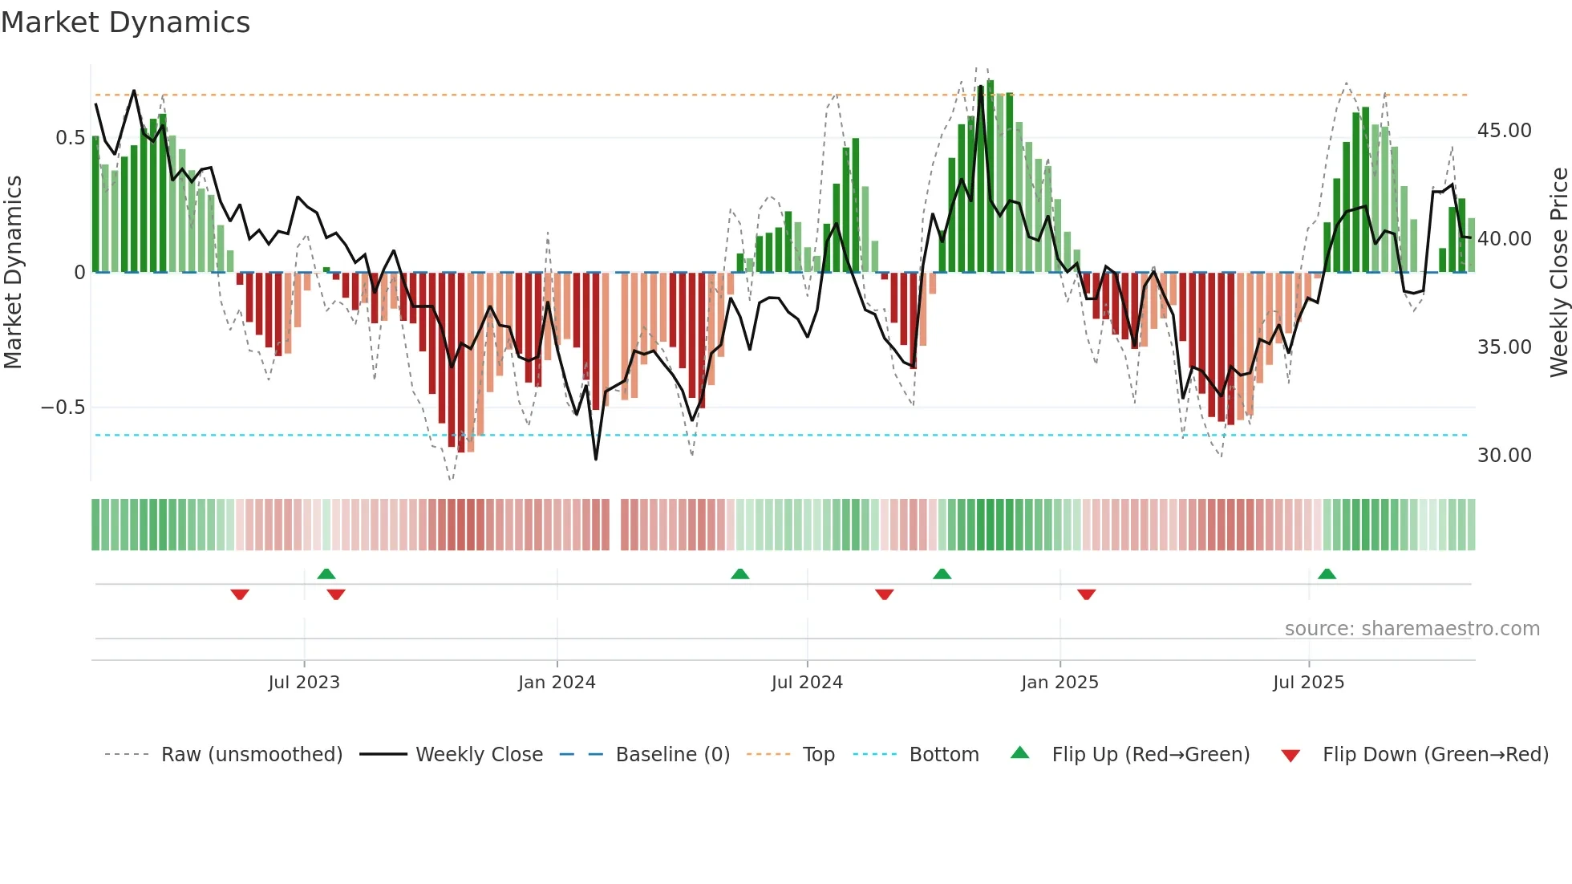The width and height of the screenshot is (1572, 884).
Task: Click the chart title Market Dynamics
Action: [125, 22]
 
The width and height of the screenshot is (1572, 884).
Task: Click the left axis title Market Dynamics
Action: [13, 272]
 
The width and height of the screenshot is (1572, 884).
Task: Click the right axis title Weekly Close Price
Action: [1558, 272]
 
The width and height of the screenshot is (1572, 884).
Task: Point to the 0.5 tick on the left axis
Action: [70, 138]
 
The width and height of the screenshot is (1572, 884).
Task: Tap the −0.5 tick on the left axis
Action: [63, 408]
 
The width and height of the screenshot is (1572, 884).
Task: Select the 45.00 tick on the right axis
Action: [1504, 131]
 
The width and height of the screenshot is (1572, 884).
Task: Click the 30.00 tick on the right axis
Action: [1504, 456]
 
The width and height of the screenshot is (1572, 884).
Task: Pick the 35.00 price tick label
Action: [1504, 347]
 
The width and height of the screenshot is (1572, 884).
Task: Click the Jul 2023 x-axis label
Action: [304, 683]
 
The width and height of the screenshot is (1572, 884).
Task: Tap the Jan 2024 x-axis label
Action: [557, 683]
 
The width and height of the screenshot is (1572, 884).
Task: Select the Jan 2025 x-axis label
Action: [1059, 683]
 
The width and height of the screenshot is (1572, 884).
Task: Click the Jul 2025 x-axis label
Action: [1308, 683]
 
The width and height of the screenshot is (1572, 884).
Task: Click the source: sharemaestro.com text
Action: [1412, 629]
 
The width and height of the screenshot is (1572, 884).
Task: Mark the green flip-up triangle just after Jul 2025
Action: [1327, 574]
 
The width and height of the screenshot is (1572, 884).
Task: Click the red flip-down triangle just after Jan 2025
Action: [1086, 594]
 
